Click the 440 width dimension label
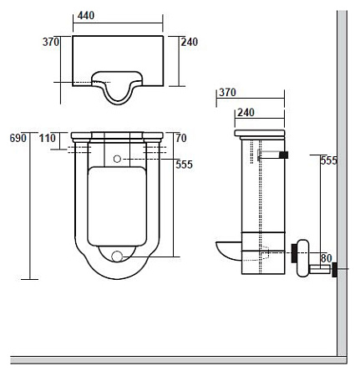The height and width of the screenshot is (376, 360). pyautogui.click(x=86, y=15)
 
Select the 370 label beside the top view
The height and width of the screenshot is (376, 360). pyautogui.click(x=51, y=42)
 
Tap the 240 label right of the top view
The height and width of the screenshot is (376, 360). pyautogui.click(x=190, y=42)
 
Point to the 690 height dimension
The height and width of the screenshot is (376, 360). pyautogui.click(x=18, y=138)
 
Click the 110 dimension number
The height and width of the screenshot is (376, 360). pyautogui.click(x=48, y=138)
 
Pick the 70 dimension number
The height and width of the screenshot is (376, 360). pyautogui.click(x=181, y=138)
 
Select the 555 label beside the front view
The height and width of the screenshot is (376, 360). pyautogui.click(x=184, y=165)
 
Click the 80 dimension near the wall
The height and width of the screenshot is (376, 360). pyautogui.click(x=327, y=258)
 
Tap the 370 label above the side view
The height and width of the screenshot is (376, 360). pyautogui.click(x=227, y=92)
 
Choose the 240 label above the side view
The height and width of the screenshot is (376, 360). pyautogui.click(x=246, y=113)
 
